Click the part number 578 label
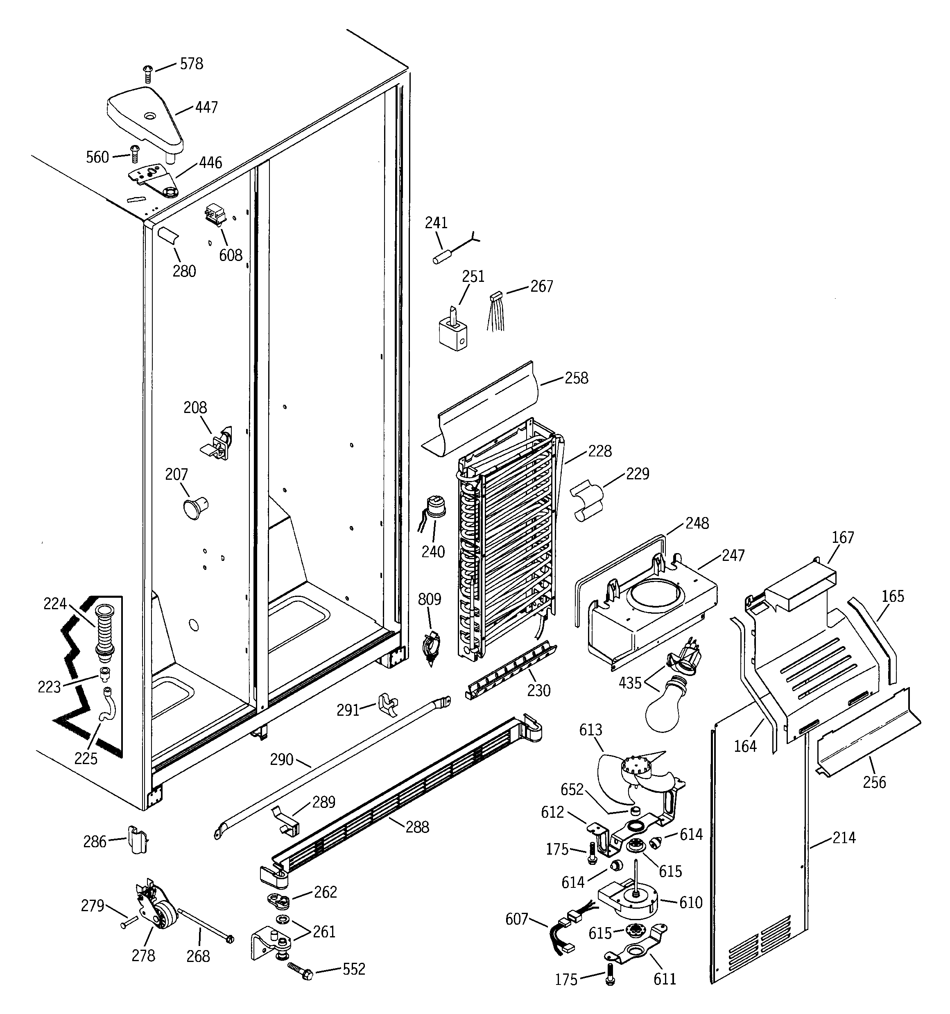191,64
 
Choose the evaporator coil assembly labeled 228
507,541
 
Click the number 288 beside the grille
417,827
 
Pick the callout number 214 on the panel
844,837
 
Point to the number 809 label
430,599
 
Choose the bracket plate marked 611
635,949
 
